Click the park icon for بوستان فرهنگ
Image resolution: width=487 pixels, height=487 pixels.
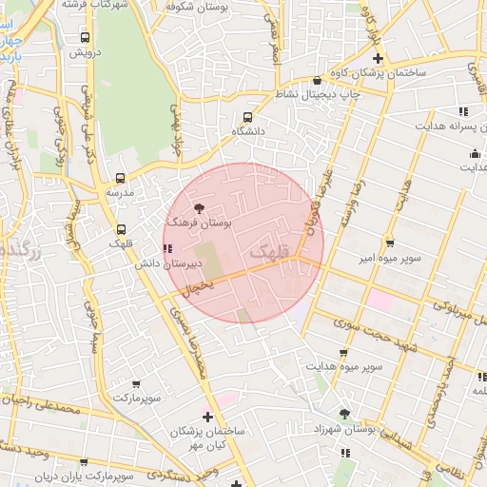coord(199,207)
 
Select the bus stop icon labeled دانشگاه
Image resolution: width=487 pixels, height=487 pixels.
coord(248,116)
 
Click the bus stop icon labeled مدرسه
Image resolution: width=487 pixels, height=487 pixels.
coord(120,178)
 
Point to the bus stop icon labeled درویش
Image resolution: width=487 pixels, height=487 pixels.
coord(86,38)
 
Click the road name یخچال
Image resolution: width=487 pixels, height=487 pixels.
coord(199,283)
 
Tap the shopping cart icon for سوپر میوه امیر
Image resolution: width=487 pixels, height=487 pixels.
coord(389,243)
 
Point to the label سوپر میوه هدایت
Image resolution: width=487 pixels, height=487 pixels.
coord(344,365)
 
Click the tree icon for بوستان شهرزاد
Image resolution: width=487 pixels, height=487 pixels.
coord(344,414)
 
